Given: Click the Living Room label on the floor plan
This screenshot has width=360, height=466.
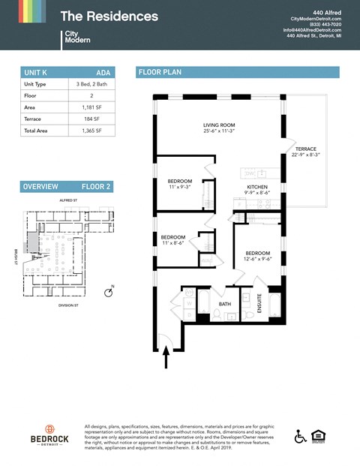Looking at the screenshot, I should [219, 128].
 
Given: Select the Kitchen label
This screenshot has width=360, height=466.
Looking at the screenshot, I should [258, 189].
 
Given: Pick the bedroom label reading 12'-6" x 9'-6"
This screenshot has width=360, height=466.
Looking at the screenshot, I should [258, 257].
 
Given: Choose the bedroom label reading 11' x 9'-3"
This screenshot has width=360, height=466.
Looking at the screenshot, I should [180, 184].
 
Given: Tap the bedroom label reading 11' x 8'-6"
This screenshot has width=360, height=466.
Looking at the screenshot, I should [173, 240].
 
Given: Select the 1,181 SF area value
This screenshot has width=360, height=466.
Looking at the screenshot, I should [91, 108].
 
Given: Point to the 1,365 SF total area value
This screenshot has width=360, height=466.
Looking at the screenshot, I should [91, 131].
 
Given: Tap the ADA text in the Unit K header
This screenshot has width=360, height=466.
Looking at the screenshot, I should [105, 73].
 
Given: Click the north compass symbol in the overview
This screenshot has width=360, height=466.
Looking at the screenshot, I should [108, 293].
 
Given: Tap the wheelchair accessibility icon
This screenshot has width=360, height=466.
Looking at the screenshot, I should [300, 436].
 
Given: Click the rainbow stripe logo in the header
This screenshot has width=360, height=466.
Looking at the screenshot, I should [23, 11].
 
